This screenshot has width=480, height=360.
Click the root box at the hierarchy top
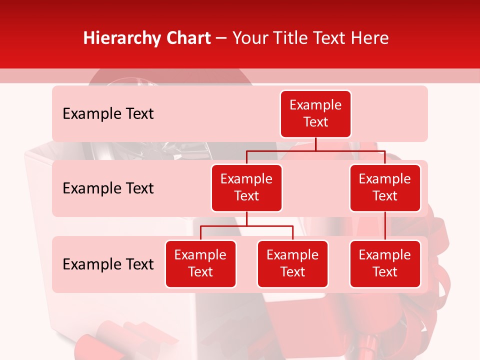315,114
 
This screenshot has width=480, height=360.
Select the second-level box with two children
246,188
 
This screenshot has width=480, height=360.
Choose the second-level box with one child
385,188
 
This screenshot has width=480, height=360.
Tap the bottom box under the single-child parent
385,264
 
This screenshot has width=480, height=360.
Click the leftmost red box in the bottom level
200,264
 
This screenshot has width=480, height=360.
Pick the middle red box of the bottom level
292,264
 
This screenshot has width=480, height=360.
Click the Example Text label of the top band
108,114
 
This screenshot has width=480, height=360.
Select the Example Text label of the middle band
108,188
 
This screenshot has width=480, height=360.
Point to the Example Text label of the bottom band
108,264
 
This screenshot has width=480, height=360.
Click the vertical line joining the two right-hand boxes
385,226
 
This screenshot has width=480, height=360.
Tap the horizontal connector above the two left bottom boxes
246,226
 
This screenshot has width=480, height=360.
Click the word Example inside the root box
315,105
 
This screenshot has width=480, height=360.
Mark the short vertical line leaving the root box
315,144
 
